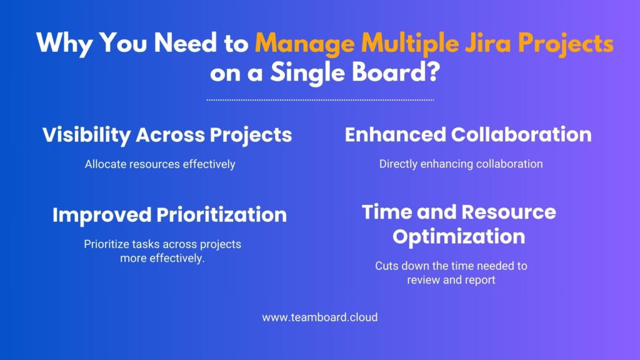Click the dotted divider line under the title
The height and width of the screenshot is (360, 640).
[320, 99]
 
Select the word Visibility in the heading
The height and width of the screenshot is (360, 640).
[86, 136]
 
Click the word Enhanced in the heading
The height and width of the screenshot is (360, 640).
[396, 135]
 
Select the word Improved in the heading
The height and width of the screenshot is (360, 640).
[102, 215]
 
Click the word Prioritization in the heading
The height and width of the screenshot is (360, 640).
[222, 215]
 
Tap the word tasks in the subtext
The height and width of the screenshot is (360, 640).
[137, 244]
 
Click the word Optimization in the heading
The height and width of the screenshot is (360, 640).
[459, 237]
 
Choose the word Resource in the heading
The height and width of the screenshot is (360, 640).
[509, 212]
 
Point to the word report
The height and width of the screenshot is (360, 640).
[480, 281]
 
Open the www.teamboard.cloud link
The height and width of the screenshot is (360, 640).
[320, 317]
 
